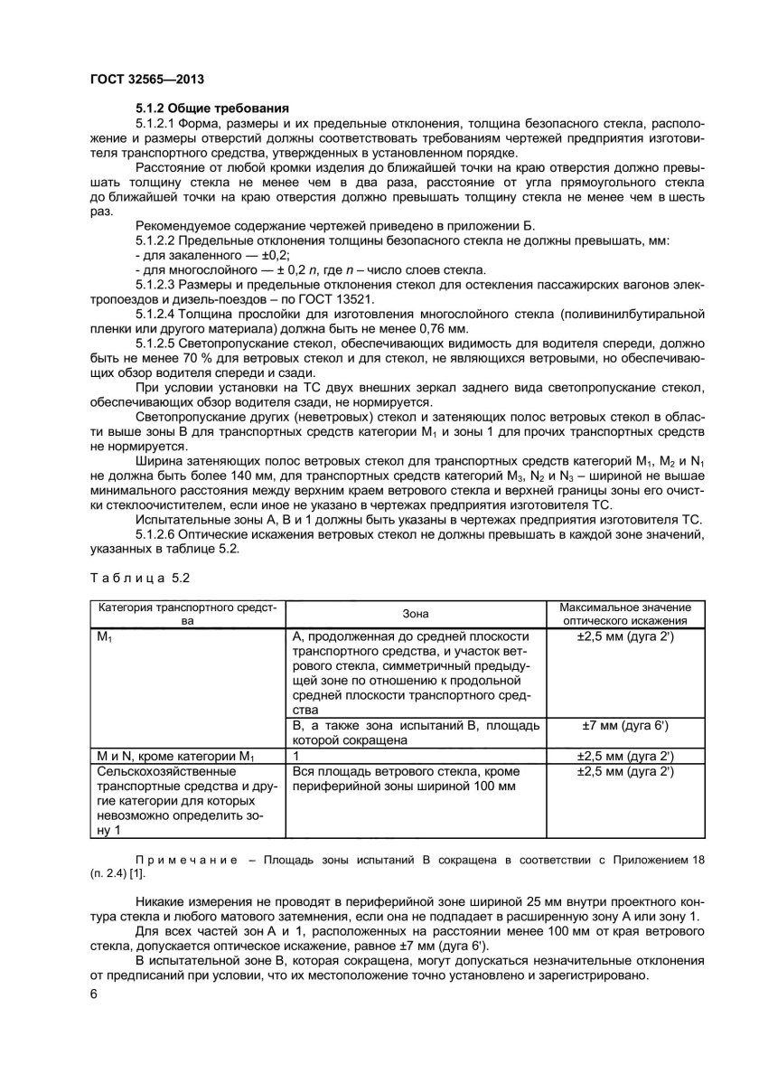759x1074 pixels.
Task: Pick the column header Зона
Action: tap(416, 613)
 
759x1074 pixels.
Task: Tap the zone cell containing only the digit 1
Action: tap(296, 755)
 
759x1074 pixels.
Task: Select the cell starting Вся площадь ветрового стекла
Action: tap(404, 778)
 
